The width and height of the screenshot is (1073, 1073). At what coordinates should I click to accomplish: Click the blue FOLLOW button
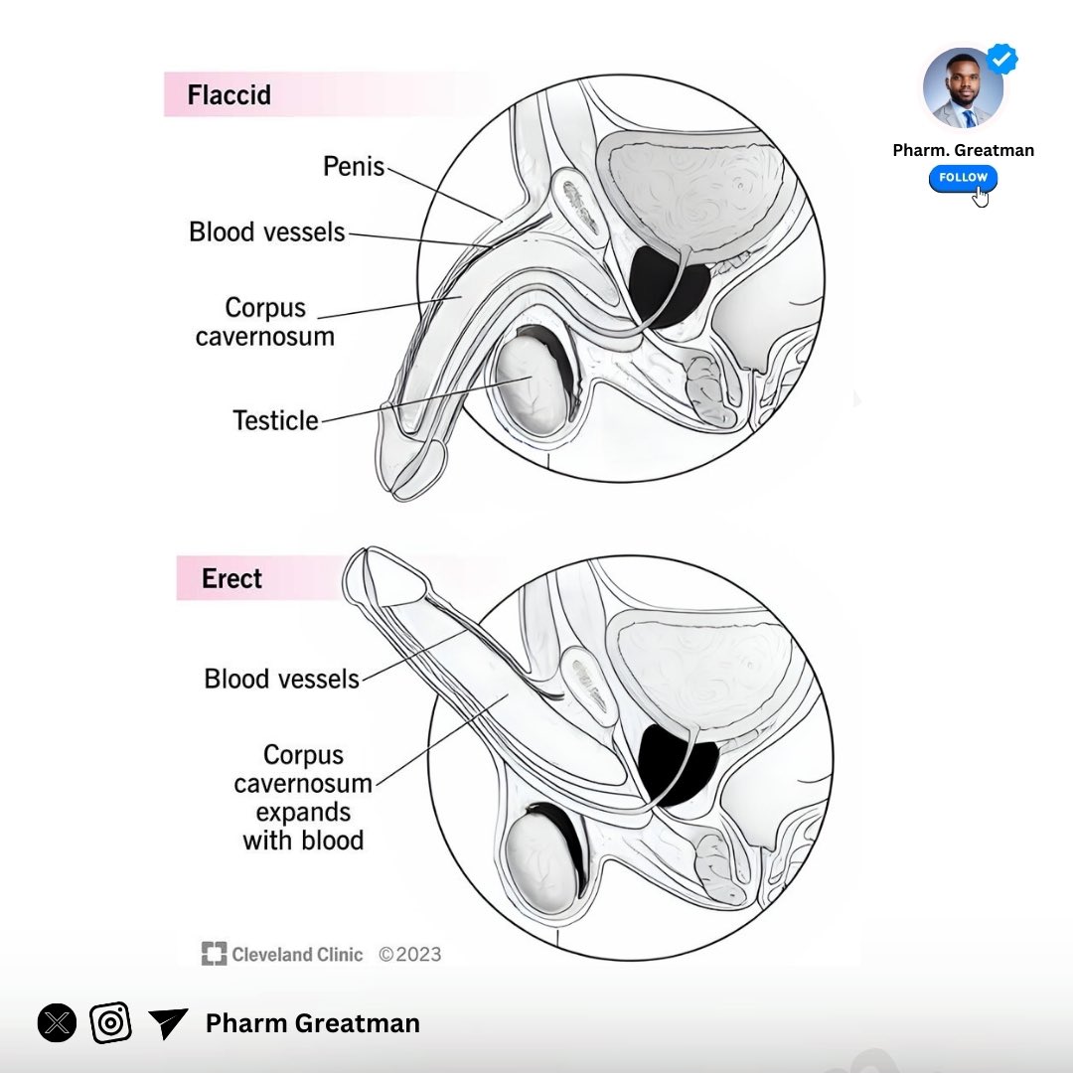[x=963, y=178]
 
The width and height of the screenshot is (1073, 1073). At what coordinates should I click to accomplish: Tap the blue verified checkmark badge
[x=1001, y=60]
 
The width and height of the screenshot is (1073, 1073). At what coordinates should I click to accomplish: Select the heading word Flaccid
[x=229, y=96]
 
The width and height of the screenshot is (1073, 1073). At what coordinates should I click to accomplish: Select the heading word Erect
[x=231, y=578]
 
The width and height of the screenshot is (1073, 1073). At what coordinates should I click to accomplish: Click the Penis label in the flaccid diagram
[x=354, y=166]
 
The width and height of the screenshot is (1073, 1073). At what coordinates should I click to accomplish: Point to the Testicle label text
[x=275, y=420]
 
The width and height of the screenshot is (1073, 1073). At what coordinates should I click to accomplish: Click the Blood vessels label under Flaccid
[x=267, y=232]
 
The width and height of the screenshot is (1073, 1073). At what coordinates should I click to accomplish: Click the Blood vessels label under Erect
[x=281, y=679]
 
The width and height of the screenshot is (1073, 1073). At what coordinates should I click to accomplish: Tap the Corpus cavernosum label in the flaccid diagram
[x=264, y=321]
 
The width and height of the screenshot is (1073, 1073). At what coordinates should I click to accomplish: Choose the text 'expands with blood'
[x=303, y=827]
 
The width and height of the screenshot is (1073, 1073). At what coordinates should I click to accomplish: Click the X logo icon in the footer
[x=57, y=1022]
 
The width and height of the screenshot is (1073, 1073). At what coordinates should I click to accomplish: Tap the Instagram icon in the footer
[x=111, y=1022]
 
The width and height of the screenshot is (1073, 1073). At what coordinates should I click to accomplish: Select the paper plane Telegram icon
[x=168, y=1022]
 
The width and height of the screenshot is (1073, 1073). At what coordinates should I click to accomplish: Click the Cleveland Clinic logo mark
[x=214, y=955]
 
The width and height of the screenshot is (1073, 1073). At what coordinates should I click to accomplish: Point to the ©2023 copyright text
[x=409, y=955]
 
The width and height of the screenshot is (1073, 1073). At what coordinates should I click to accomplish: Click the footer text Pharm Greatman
[x=312, y=1023]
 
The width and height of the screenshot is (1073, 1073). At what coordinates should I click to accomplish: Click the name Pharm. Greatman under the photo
[x=963, y=150]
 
